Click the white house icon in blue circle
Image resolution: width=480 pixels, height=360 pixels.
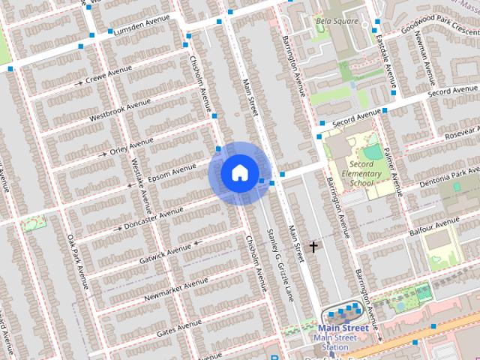coord(239,173)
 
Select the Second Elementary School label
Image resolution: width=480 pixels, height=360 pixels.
coord(361,173)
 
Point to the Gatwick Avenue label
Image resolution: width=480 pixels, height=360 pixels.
coord(166,253)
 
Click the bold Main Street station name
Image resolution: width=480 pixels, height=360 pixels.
coord(343,328)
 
